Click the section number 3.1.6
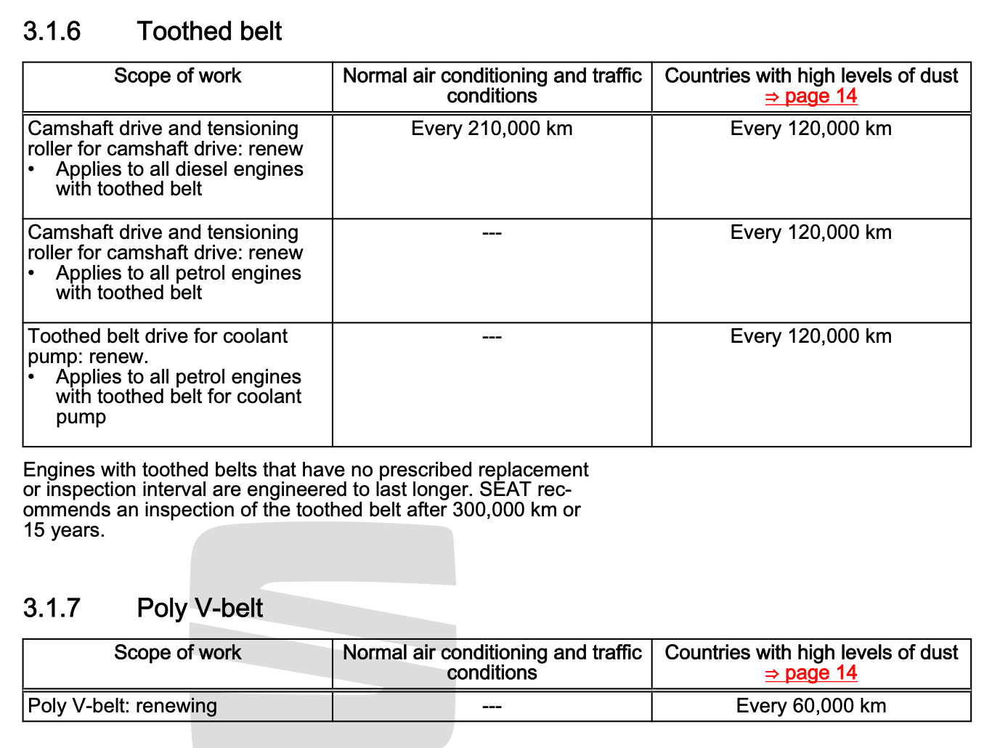(52, 31)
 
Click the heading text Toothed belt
(209, 31)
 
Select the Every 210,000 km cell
(492, 129)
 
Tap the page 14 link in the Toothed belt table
(811, 97)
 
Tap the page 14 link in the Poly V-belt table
(811, 673)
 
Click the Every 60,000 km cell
(811, 706)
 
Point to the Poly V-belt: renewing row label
(122, 706)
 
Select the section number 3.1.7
(52, 608)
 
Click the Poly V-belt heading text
(200, 608)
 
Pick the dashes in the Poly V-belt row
(492, 706)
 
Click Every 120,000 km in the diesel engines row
(811, 129)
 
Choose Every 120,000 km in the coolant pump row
(811, 336)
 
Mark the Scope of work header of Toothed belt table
(177, 76)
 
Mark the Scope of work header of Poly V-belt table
(177, 652)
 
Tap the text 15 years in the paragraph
(63, 530)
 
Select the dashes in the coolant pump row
(492, 337)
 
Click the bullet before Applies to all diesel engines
(32, 169)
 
